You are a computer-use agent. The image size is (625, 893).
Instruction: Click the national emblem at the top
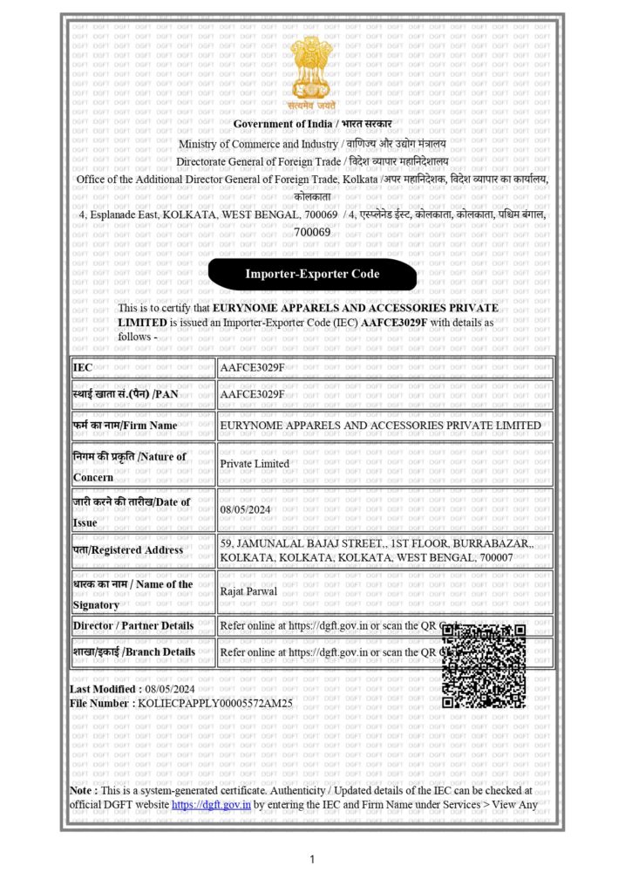(x=312, y=70)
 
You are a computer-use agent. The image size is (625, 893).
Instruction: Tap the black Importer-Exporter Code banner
(x=312, y=274)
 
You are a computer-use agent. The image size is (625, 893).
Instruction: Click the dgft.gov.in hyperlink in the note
(x=212, y=805)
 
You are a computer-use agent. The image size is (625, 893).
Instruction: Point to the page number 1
(x=312, y=860)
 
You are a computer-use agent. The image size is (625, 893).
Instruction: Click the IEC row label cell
(x=143, y=368)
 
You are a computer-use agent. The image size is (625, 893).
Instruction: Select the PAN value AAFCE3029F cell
(x=253, y=394)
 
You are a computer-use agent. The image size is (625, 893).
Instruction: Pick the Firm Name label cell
(x=143, y=426)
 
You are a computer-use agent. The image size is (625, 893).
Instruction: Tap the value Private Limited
(x=255, y=464)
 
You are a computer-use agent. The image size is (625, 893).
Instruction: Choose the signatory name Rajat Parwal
(x=249, y=591)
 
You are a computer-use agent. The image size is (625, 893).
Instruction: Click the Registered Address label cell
(x=143, y=550)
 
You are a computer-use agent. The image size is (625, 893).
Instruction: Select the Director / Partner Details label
(x=143, y=626)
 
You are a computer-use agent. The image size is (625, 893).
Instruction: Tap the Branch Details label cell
(x=143, y=652)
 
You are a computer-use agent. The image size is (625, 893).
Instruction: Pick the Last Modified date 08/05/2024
(x=170, y=689)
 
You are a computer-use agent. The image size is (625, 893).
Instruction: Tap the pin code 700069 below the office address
(x=312, y=232)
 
